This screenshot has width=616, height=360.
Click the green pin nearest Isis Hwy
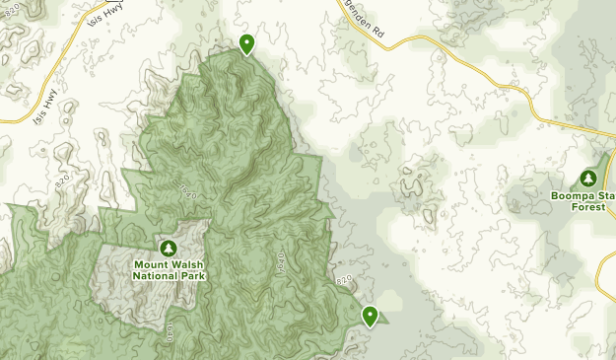[246, 43]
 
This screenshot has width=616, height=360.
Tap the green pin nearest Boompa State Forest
[371, 316]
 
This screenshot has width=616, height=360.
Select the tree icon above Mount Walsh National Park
[168, 247]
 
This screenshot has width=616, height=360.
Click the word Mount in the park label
[153, 264]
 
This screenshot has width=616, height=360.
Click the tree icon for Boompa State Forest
[588, 179]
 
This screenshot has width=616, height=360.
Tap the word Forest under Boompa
[587, 207]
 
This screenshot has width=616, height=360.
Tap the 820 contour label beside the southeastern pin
[343, 282]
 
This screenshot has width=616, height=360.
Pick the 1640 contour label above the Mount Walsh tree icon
[187, 189]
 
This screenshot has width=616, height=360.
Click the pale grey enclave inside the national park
[123, 286]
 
